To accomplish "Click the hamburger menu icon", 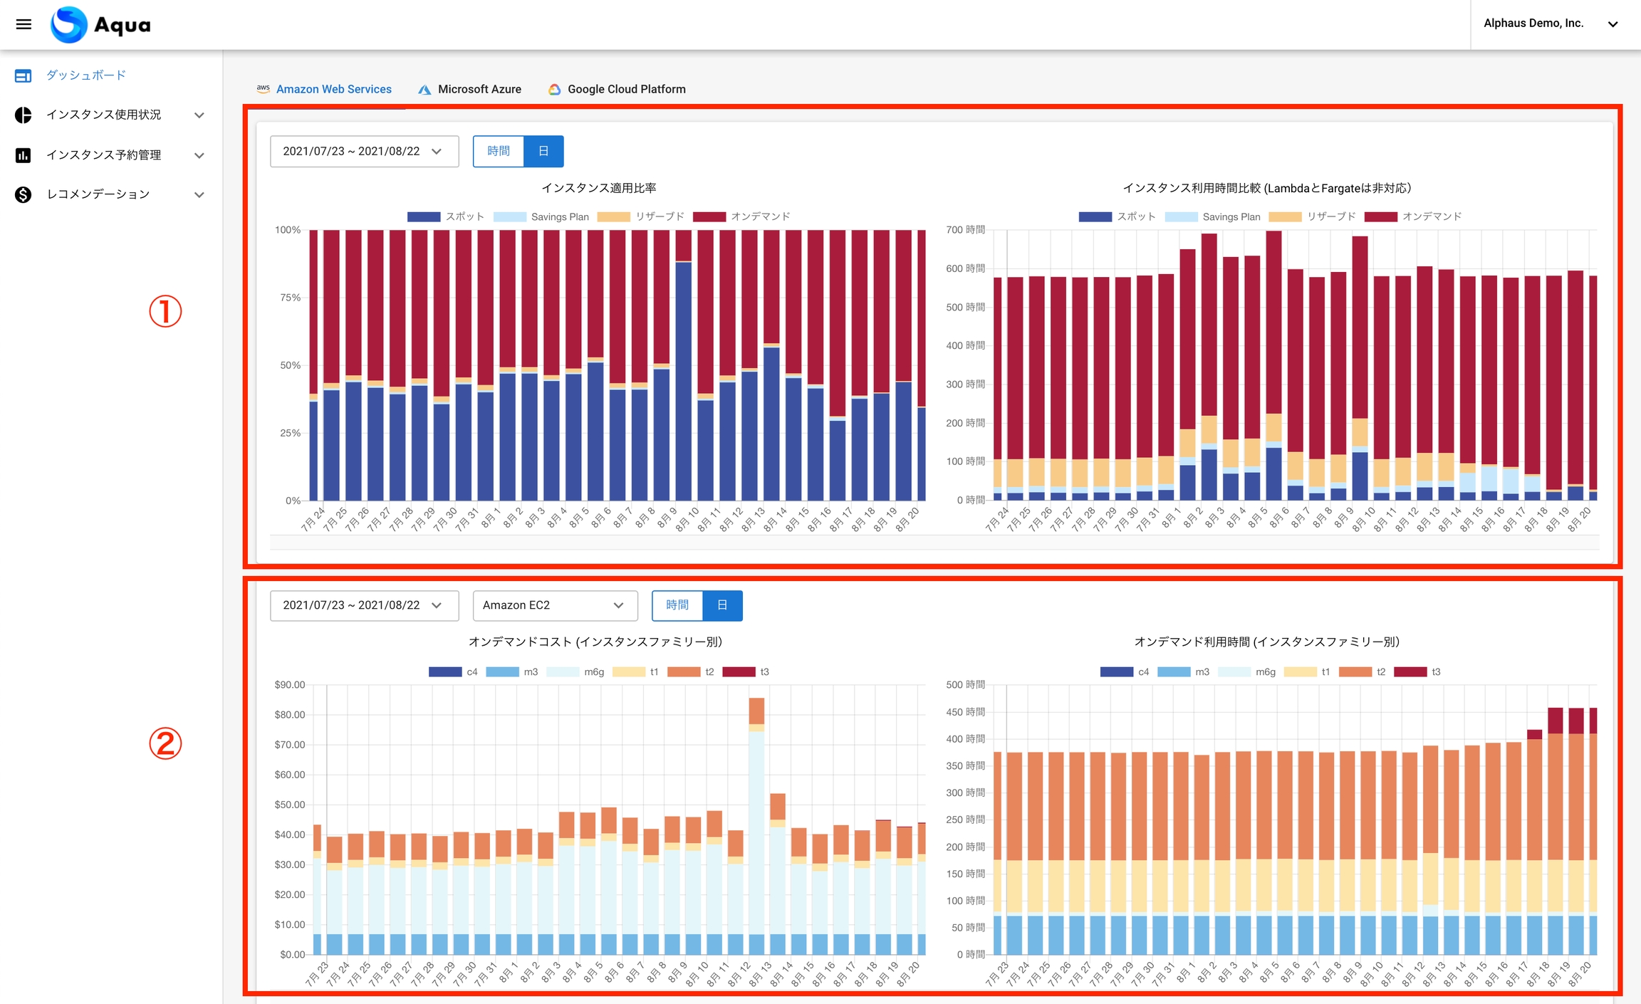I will coord(24,24).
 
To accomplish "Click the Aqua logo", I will coord(100,25).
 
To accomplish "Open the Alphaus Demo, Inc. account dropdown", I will coord(1550,23).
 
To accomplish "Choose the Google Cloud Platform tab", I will coord(617,89).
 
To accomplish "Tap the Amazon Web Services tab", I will coord(325,89).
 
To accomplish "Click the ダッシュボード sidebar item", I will coord(85,75).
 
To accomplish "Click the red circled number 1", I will coord(165,311).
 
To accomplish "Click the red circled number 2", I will coord(165,743).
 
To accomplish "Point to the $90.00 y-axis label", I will coord(290,685).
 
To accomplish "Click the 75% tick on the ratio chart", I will coord(290,298).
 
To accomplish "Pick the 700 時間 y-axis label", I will coord(965,230).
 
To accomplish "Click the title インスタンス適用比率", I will coord(599,188).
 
